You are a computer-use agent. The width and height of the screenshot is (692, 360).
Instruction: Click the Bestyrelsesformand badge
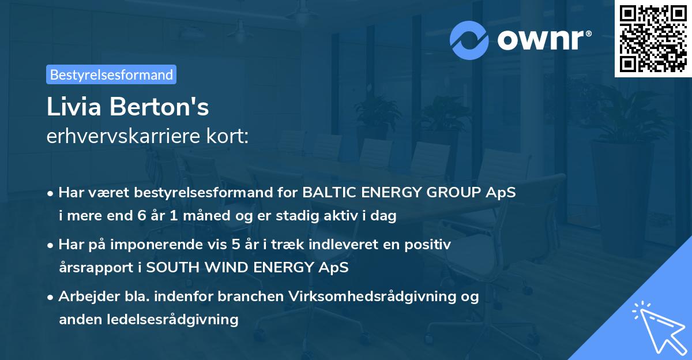tap(111, 74)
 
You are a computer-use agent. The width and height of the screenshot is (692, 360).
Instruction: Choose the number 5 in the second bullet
tap(236, 245)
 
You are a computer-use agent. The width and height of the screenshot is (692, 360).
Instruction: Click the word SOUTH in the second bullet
tap(166, 268)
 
